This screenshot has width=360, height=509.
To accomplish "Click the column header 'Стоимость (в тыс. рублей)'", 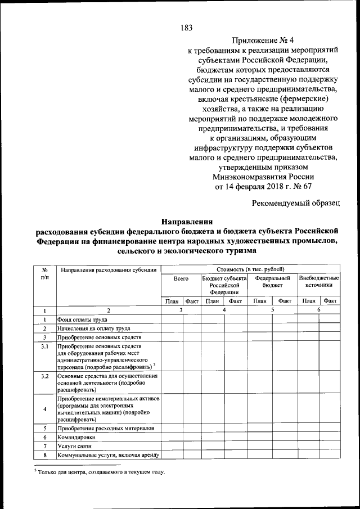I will click(x=250, y=269).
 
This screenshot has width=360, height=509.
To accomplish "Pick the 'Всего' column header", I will click(x=181, y=278).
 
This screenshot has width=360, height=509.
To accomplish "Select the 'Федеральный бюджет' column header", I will click(x=272, y=282).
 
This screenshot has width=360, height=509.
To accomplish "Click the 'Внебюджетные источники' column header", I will click(x=319, y=282).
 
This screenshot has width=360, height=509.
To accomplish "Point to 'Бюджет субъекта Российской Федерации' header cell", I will click(x=224, y=285).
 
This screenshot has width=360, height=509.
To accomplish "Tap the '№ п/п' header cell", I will click(x=44, y=274).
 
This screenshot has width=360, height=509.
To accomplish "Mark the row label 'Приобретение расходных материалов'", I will click(x=105, y=428).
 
